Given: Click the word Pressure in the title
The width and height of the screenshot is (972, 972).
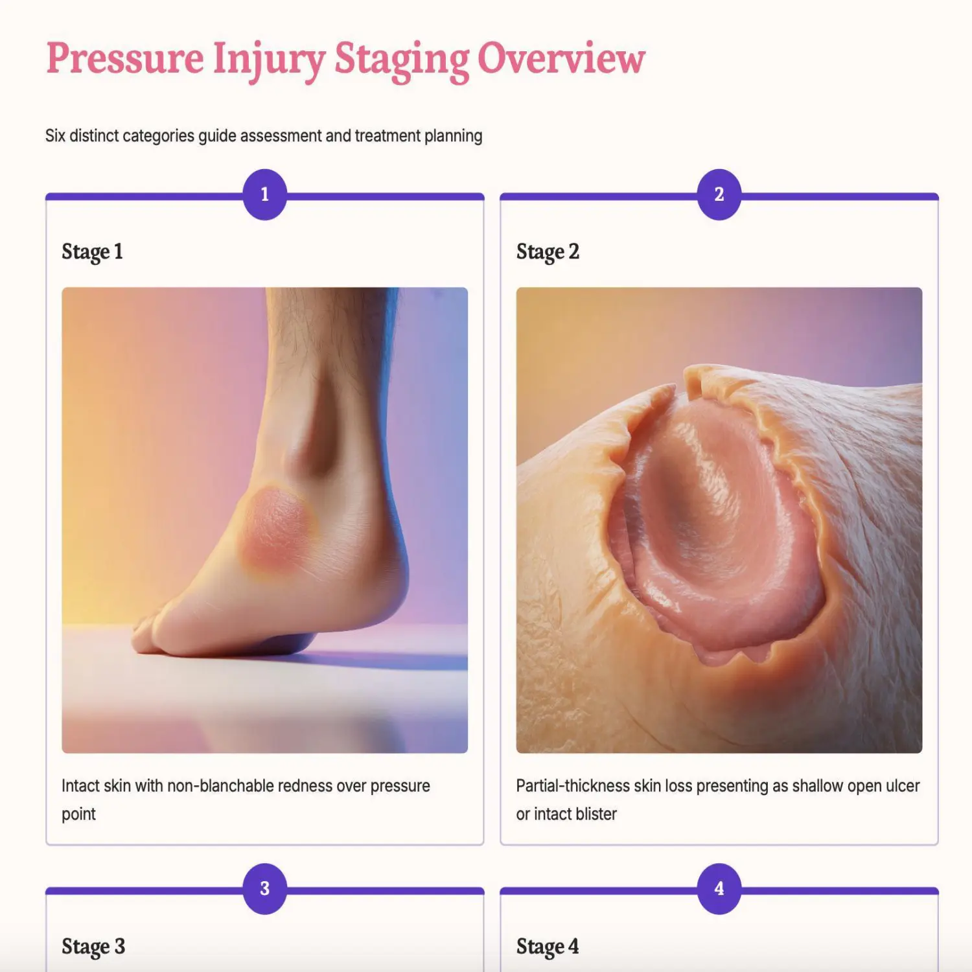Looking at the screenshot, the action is pyautogui.click(x=125, y=58).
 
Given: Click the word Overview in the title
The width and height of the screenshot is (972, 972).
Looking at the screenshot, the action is pyautogui.click(x=561, y=58).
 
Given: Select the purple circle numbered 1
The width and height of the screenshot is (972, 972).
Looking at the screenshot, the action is pyautogui.click(x=264, y=194).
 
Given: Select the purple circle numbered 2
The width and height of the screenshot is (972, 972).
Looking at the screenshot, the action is pyautogui.click(x=719, y=194).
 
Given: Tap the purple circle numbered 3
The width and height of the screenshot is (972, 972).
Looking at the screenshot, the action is pyautogui.click(x=264, y=888).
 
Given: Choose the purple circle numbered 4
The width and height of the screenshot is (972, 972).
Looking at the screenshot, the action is pyautogui.click(x=719, y=888).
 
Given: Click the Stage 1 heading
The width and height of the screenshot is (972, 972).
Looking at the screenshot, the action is pyautogui.click(x=92, y=251).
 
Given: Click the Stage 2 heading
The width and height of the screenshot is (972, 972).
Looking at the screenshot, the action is pyautogui.click(x=548, y=251).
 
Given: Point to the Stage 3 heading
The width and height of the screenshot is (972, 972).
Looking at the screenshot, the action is pyautogui.click(x=93, y=947).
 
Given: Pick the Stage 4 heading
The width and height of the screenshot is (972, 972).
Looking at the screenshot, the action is pyautogui.click(x=548, y=947).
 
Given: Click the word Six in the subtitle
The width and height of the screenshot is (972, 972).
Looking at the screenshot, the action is pyautogui.click(x=55, y=136).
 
